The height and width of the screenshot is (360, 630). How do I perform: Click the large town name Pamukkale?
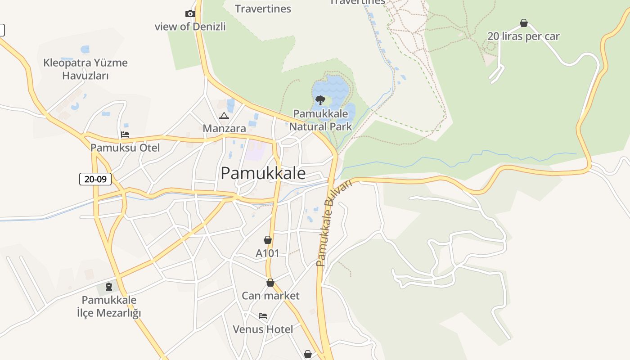(263, 173)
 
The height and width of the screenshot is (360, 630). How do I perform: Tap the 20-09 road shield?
(95, 179)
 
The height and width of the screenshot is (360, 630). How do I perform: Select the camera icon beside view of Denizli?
(190, 14)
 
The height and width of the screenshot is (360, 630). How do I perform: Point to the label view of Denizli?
(190, 27)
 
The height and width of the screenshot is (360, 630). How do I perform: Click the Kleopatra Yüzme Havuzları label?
(85, 69)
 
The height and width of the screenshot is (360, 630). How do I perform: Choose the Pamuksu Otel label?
(125, 148)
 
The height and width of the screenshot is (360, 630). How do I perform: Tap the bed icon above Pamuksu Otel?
(125, 135)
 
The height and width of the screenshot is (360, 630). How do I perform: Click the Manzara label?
(224, 129)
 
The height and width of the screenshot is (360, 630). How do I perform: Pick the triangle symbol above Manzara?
(224, 116)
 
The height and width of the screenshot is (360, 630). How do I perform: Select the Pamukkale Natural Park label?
(320, 120)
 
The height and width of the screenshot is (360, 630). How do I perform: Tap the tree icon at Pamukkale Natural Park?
(320, 100)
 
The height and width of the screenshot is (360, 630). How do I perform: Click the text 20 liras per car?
(523, 36)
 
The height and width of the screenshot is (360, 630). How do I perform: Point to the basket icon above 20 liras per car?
(524, 23)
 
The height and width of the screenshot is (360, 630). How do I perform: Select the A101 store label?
(267, 253)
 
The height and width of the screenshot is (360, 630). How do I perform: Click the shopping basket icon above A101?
(268, 240)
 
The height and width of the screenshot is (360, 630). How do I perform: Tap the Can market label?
(270, 296)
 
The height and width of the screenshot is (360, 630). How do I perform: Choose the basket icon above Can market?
(270, 283)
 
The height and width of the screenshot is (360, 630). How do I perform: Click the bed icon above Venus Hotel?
(263, 316)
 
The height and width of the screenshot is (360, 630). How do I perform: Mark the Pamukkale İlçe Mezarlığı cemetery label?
(109, 306)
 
